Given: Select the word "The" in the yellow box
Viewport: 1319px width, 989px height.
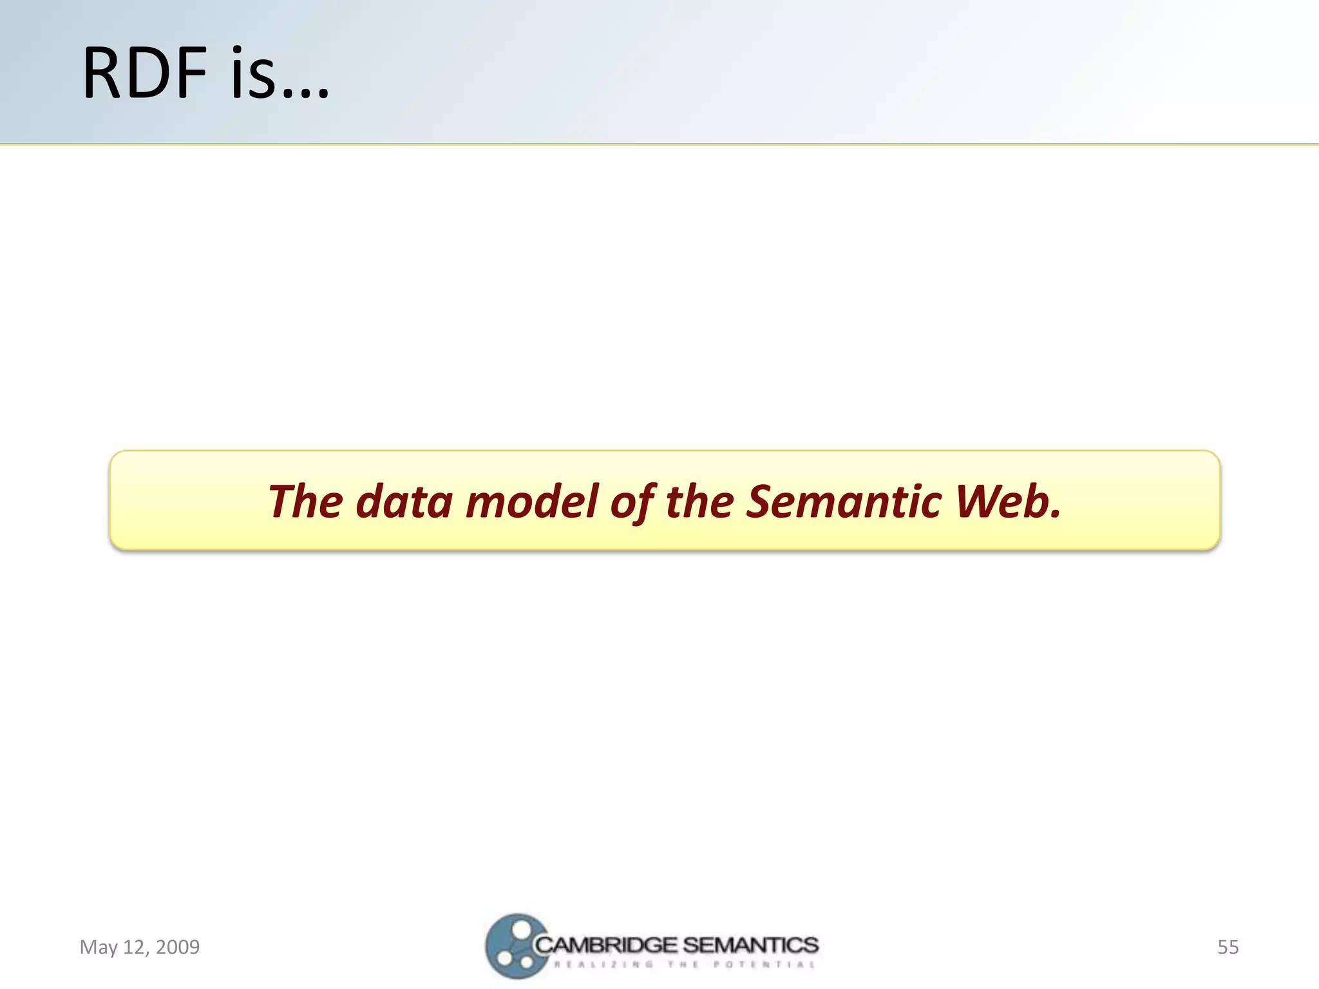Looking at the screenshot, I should click(305, 502).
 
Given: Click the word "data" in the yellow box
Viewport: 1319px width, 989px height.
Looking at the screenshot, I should click(404, 502).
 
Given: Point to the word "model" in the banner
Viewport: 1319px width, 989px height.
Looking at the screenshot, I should click(533, 502).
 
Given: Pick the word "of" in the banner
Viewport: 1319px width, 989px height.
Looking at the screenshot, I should click(633, 503).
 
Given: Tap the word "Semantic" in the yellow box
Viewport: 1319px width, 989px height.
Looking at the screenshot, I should click(844, 502).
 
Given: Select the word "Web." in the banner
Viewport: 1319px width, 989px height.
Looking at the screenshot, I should click(1007, 502).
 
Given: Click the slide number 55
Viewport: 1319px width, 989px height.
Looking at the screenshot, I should click(1228, 947).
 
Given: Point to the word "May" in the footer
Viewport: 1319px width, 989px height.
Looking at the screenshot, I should click(99, 948).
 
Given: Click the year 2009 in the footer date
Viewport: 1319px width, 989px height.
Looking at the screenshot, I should click(178, 947).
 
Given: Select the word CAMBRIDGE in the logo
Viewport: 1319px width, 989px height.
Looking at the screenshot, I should click(606, 945).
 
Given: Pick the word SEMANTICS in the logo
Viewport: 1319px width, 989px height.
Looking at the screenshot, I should click(750, 945).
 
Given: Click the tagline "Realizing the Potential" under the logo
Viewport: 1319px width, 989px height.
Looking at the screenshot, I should click(684, 965).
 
